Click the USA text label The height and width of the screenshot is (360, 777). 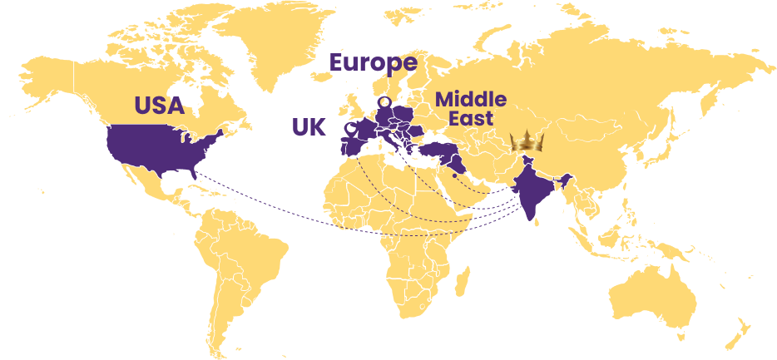(x=159, y=106)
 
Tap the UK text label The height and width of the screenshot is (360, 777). (x=309, y=127)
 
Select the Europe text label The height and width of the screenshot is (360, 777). (x=373, y=63)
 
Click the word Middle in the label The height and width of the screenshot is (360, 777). (x=470, y=100)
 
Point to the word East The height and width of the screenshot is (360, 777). (x=471, y=118)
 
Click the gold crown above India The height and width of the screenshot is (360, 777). (x=527, y=141)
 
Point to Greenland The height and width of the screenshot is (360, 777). (x=275, y=37)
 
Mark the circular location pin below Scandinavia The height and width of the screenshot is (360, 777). (x=384, y=101)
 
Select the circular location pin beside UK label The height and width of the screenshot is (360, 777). (x=351, y=129)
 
